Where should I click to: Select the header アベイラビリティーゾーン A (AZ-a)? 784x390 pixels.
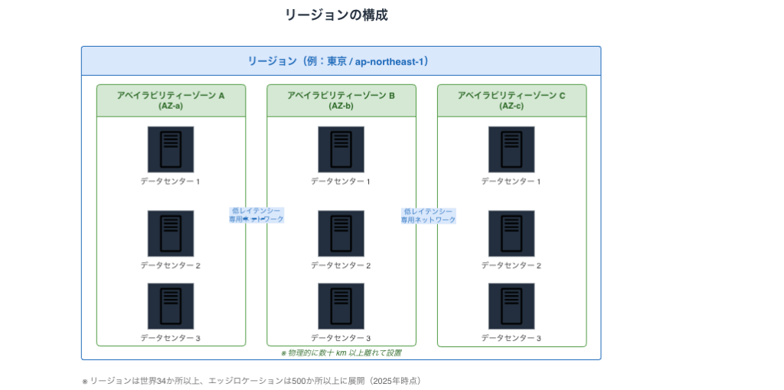pos(171,100)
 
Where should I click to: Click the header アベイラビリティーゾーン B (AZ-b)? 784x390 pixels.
pos(341,100)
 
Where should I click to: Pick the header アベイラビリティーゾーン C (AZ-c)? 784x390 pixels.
pos(511,100)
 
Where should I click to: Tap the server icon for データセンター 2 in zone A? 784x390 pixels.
pos(171,233)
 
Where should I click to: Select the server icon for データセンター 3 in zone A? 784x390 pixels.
pos(171,306)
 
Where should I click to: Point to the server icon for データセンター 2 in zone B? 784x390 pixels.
pos(341,233)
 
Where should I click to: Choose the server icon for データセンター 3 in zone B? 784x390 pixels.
pos(341,306)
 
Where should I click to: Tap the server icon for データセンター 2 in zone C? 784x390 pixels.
pos(511,233)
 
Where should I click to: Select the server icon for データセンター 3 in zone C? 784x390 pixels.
pos(511,306)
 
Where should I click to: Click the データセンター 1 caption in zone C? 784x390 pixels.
pos(511,182)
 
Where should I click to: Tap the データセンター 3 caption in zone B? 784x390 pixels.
pos(341,339)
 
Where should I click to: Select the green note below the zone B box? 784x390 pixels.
pos(341,353)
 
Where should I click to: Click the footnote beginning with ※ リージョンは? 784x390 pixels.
pos(252,380)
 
